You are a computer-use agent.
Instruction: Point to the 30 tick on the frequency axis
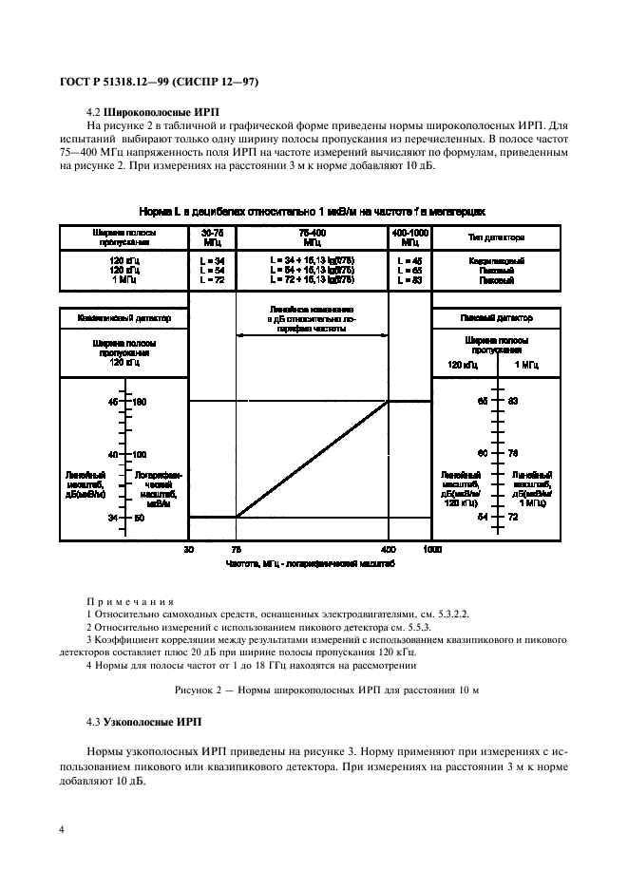coord(189,549)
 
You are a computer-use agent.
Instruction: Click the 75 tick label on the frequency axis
coord(236,549)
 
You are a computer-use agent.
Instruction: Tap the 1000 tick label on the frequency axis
coord(432,549)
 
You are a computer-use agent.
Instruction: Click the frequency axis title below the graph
coord(310,563)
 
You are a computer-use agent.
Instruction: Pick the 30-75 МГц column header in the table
coord(212,236)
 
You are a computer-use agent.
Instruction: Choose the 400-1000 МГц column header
coord(410,236)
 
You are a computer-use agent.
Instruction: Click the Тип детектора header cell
coord(498,236)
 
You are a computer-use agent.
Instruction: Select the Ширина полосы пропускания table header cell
coord(124,236)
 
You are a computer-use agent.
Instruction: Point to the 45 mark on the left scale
coord(113,402)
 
